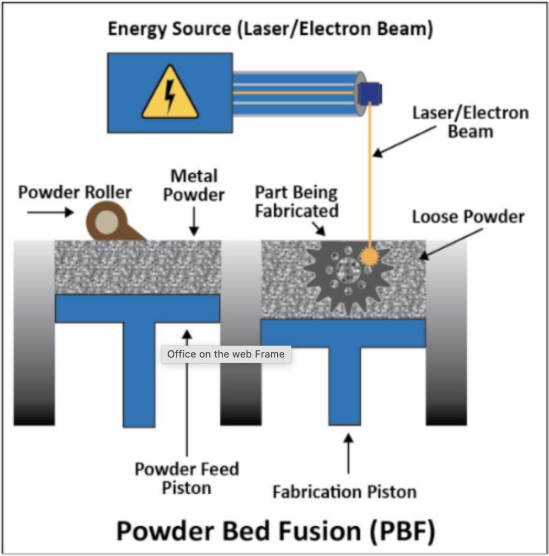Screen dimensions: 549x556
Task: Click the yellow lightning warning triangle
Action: click(x=170, y=93)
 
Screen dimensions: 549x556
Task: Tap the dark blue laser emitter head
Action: click(x=369, y=93)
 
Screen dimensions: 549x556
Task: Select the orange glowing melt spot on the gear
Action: click(x=369, y=256)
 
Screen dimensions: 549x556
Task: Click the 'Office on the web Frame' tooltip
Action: click(x=226, y=354)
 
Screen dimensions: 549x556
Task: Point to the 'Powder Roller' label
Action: click(x=75, y=192)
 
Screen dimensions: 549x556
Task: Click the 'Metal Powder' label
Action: click(x=194, y=186)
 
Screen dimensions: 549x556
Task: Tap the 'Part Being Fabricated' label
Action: click(x=297, y=202)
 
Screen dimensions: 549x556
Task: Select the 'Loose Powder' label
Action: click(x=468, y=217)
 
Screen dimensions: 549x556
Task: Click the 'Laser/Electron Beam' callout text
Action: click(x=470, y=122)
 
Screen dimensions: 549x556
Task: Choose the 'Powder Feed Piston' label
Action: click(x=187, y=478)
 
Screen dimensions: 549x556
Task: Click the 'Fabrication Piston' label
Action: click(x=344, y=492)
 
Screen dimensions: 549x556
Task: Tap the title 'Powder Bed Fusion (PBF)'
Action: click(x=276, y=531)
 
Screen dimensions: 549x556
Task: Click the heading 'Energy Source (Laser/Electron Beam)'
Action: click(x=270, y=29)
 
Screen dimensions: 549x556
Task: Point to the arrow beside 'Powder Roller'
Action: click(x=50, y=212)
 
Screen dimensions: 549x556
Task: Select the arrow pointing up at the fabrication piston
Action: click(x=348, y=454)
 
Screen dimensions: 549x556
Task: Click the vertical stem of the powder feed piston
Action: click(x=139, y=375)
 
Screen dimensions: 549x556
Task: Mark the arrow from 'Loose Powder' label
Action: click(x=451, y=244)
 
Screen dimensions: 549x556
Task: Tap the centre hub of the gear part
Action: click(x=348, y=270)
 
